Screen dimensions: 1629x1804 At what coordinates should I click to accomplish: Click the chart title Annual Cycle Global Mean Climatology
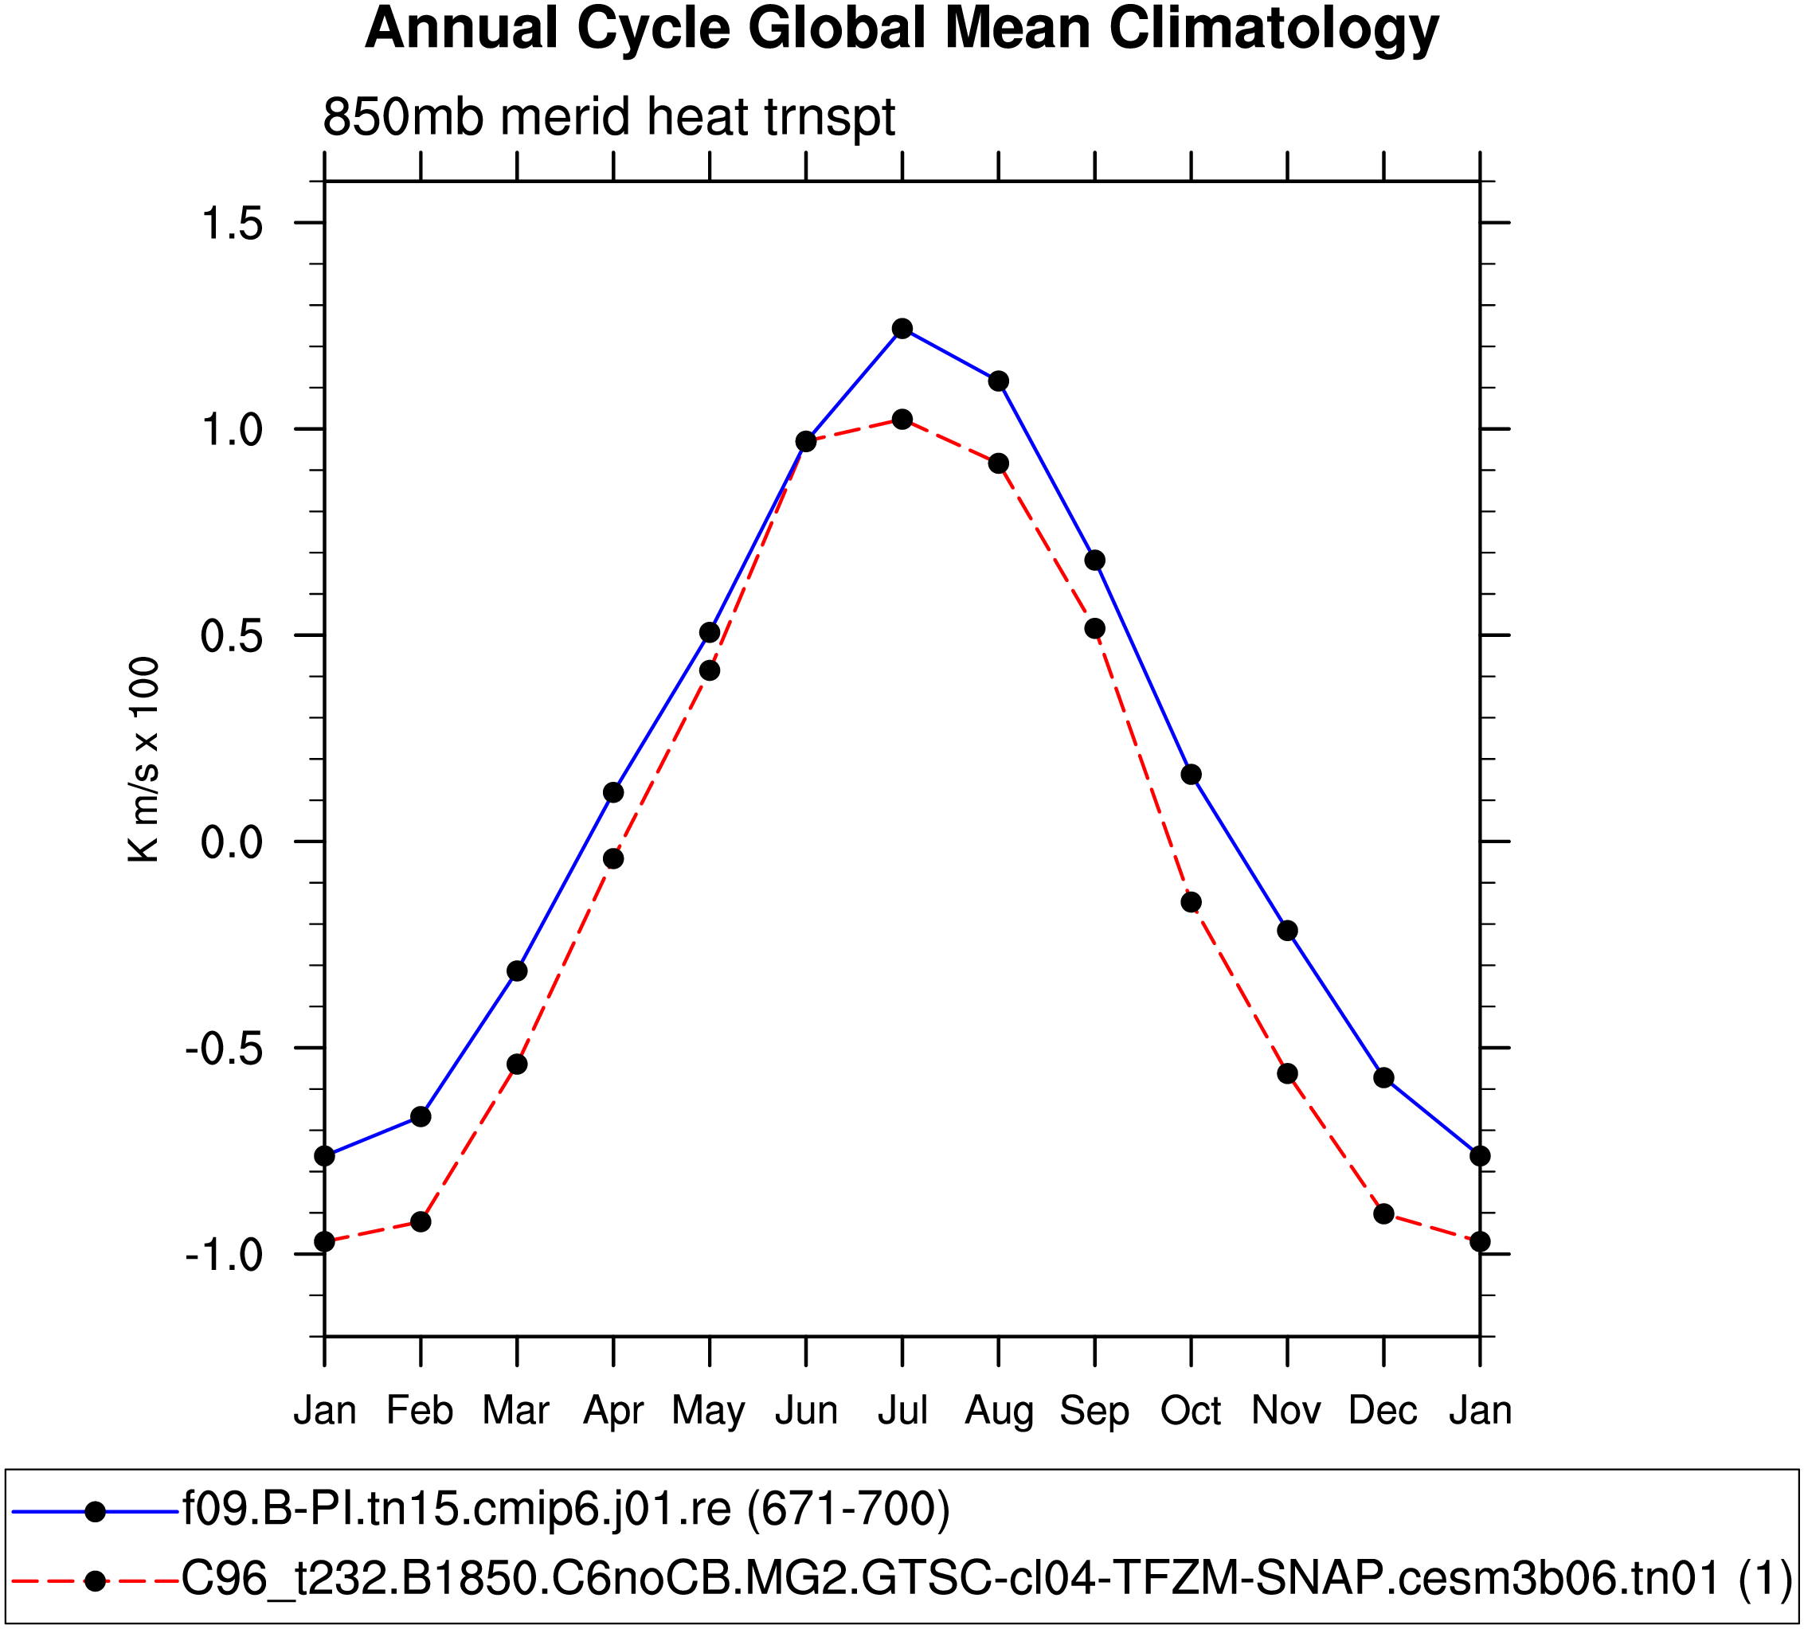click(x=901, y=29)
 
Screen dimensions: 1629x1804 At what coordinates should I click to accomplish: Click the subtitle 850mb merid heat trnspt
click(x=609, y=116)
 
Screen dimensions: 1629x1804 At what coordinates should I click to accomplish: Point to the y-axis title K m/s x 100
click(x=143, y=760)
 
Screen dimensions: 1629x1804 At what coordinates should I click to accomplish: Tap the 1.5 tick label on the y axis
click(x=232, y=223)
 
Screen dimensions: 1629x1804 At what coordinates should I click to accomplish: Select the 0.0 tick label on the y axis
click(x=232, y=842)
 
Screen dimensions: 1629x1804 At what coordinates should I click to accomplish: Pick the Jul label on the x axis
click(x=902, y=1410)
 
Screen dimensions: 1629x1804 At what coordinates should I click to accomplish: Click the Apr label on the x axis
click(x=613, y=1410)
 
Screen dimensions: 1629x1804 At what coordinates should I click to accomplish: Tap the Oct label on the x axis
click(x=1191, y=1410)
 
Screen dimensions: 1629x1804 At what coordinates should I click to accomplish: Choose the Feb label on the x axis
click(x=420, y=1410)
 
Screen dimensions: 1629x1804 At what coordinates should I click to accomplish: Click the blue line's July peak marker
click(x=902, y=328)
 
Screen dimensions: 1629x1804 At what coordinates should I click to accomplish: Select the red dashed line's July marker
click(x=902, y=420)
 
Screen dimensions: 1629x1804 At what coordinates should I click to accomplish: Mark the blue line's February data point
click(x=421, y=1117)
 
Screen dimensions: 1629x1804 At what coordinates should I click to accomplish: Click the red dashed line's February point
click(x=421, y=1222)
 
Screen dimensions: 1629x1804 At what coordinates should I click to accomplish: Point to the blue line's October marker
click(x=1191, y=775)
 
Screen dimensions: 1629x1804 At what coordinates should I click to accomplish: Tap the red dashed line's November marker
click(x=1288, y=1073)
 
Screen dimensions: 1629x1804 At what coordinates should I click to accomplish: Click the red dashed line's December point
click(x=1383, y=1214)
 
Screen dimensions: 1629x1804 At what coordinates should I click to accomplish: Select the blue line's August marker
click(x=999, y=382)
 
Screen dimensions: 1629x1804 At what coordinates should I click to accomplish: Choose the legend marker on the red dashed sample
click(x=95, y=1580)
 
